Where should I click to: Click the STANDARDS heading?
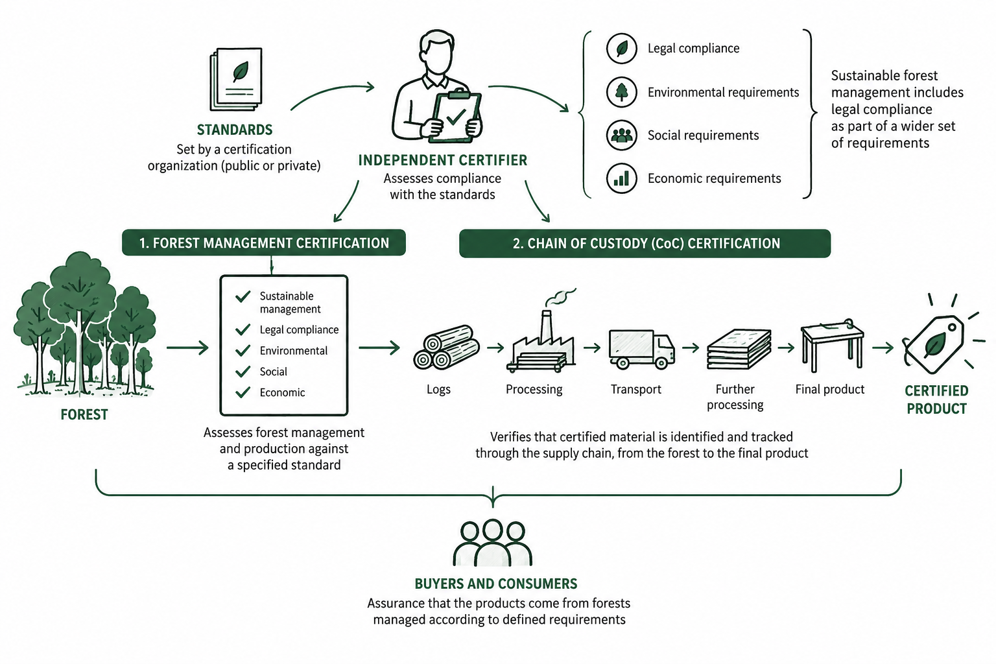(x=235, y=130)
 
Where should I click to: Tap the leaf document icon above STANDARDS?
(x=236, y=79)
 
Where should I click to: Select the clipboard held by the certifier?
(x=456, y=116)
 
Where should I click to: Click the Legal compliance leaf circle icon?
(x=622, y=49)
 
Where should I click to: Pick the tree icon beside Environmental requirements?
(x=622, y=92)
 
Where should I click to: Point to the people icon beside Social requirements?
(x=622, y=136)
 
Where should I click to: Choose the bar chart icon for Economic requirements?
(x=622, y=178)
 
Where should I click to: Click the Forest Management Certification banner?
(x=264, y=243)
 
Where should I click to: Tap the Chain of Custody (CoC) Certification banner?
(x=645, y=244)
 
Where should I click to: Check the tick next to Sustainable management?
(x=243, y=296)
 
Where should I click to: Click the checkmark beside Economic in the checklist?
(x=243, y=392)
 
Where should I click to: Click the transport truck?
(x=641, y=349)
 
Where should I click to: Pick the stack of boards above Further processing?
(x=739, y=349)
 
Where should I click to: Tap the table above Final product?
(x=832, y=346)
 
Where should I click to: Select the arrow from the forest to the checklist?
(x=187, y=348)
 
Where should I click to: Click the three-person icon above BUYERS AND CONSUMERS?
(x=493, y=543)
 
